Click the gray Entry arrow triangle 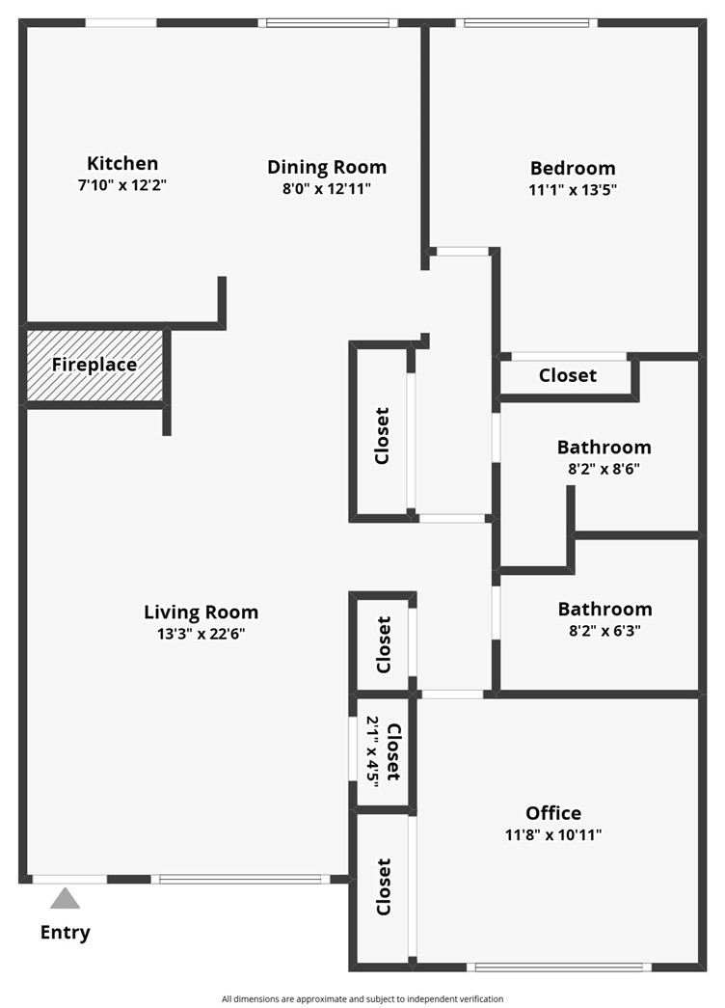tap(65, 898)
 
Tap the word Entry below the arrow tap(65, 932)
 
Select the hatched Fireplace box tap(94, 365)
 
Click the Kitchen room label tap(122, 163)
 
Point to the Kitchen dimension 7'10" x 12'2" tap(122, 186)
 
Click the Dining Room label tap(327, 167)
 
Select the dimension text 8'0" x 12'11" tap(327, 189)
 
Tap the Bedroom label tap(573, 169)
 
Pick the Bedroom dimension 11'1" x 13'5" tap(573, 190)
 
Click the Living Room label tap(201, 612)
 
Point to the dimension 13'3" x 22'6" tap(201, 634)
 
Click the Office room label tap(553, 813)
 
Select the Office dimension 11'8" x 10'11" tap(553, 835)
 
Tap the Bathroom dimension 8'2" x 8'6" tap(604, 469)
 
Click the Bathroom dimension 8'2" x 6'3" tap(604, 631)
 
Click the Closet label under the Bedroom tap(568, 375)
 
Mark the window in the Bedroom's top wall tap(526, 23)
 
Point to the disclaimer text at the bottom tap(362, 999)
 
